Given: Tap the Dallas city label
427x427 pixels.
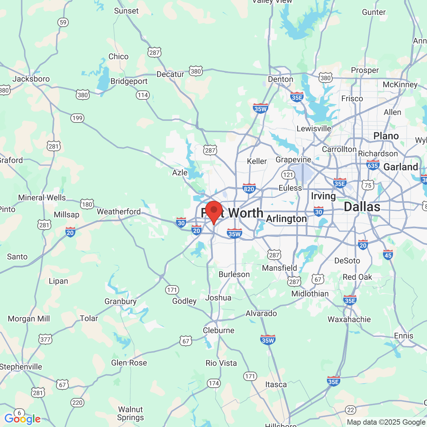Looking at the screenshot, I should pos(362,207).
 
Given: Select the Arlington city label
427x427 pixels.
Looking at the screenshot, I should pos(287,219).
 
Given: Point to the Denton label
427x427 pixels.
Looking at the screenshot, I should pos(281,79).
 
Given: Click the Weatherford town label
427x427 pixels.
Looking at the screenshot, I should pos(119,211).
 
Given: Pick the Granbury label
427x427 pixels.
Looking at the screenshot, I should pos(120,301).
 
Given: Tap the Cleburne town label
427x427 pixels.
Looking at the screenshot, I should pos(219,330).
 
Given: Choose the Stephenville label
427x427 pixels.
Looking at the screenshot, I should pos(21,367).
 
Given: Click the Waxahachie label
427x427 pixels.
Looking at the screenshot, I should pos(349,319).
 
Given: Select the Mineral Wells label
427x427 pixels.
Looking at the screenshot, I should pos(42,197).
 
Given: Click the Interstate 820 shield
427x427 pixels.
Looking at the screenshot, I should pos(249,188).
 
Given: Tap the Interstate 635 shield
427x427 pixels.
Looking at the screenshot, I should pos(373,165).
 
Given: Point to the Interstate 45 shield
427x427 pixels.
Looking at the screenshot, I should pos(388,255).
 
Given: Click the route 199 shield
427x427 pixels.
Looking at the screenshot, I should pos(77,118).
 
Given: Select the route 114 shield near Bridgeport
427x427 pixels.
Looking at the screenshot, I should pos(143,95).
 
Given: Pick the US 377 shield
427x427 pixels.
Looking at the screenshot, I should pos(45,340).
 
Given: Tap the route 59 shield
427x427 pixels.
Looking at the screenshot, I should pos(63,22).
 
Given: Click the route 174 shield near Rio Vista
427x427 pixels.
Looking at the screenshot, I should pos(214,383).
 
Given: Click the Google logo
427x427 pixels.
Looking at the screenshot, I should pos(22,419).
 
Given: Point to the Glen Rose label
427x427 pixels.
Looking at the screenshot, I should pos(129,363).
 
